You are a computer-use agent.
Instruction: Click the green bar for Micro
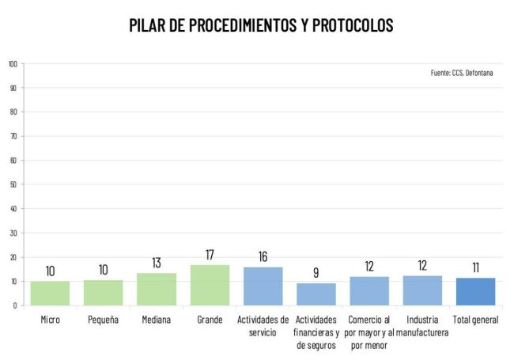tap(50, 293)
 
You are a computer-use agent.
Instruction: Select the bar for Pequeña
tap(103, 293)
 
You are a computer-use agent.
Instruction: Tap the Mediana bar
tap(157, 290)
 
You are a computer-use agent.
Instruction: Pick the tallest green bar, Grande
tap(210, 285)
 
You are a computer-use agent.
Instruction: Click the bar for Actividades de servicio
tap(263, 286)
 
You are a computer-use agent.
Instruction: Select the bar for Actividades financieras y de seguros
tap(316, 294)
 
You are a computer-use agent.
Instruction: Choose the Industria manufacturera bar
tap(422, 290)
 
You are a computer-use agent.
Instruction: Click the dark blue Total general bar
tap(475, 291)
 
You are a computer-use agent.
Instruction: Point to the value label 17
tap(210, 256)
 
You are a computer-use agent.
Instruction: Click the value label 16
tap(263, 258)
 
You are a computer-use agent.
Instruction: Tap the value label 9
tap(316, 274)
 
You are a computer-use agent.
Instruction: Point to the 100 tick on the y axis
tap(13, 63)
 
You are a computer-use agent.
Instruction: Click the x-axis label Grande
tap(210, 320)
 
